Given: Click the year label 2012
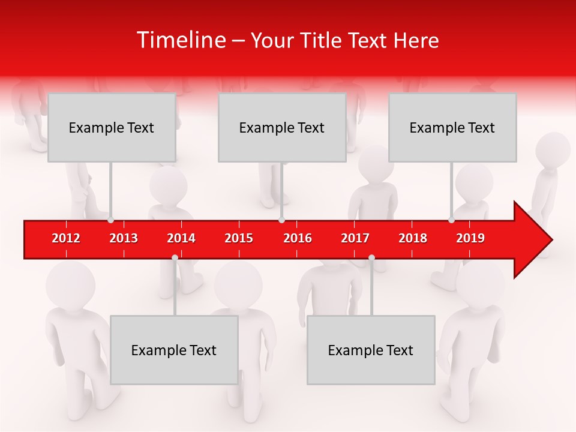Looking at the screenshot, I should [x=66, y=238].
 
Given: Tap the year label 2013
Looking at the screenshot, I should [x=124, y=238].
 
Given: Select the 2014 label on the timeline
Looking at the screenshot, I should [x=181, y=238].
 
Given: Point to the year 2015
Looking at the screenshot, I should [x=239, y=238].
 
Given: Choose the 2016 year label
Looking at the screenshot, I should [x=298, y=238].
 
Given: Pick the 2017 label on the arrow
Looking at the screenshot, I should [x=355, y=238].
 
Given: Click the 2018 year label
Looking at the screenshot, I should [x=413, y=238].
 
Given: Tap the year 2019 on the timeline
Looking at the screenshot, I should [x=470, y=238].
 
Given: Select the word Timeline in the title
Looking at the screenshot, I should [x=180, y=40].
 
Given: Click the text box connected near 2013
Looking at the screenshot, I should [x=112, y=127].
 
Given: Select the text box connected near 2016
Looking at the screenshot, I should [x=282, y=127].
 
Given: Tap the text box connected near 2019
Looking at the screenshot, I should [x=452, y=127].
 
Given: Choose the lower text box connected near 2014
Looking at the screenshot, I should [x=174, y=350].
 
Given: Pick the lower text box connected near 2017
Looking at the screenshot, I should [x=371, y=350].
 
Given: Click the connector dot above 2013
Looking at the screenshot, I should [x=111, y=220].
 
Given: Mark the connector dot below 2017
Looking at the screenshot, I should [x=371, y=257].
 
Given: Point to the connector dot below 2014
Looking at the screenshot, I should [x=175, y=257].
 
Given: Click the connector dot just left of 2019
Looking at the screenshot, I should [x=452, y=220].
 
